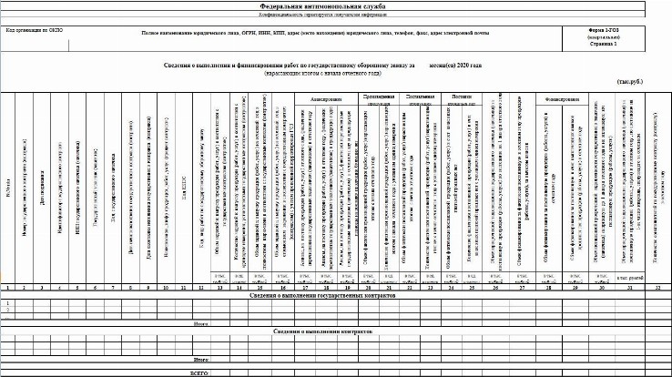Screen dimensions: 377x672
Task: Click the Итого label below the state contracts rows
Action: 199,321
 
